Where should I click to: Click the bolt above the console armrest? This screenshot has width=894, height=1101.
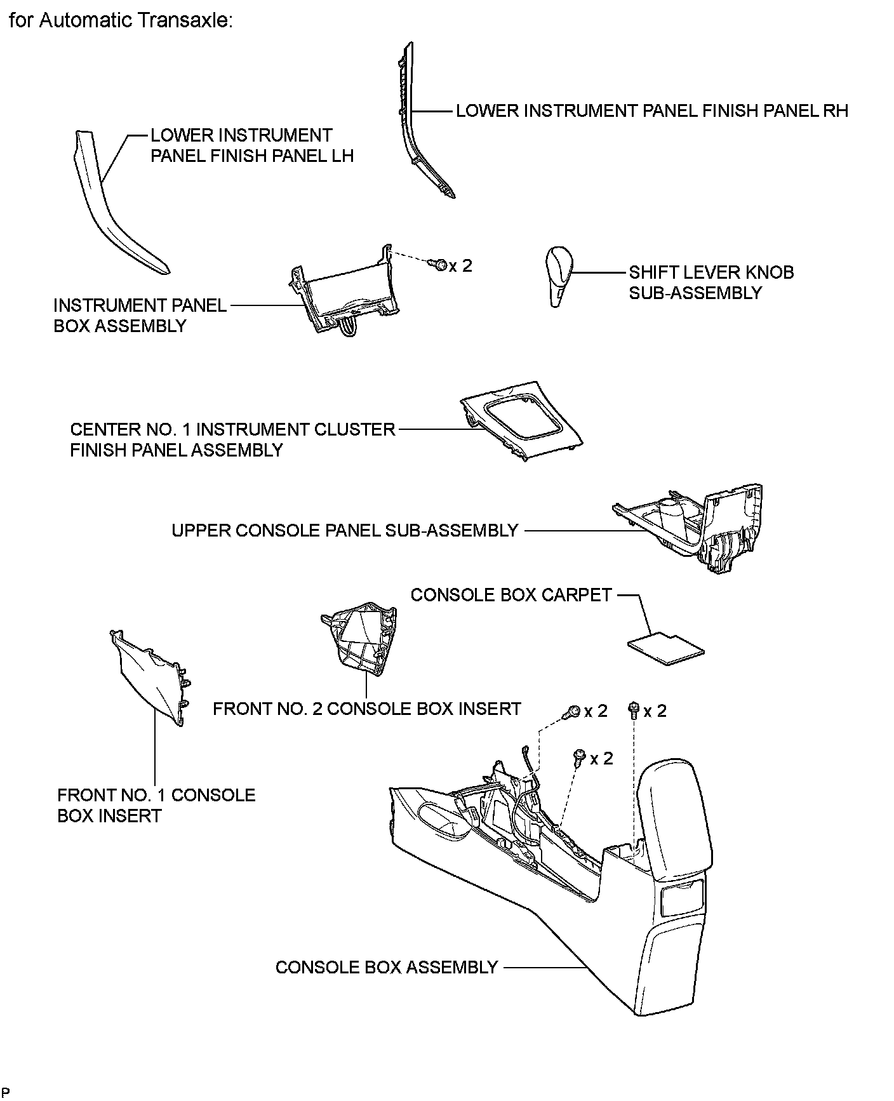(x=633, y=709)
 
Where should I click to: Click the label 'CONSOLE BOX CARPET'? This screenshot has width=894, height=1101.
(x=510, y=595)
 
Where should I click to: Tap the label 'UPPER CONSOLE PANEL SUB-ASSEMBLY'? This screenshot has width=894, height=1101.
(x=345, y=530)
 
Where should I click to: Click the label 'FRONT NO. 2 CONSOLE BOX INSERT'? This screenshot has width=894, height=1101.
(x=366, y=709)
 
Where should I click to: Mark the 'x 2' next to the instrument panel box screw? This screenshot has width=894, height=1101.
(x=461, y=265)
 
